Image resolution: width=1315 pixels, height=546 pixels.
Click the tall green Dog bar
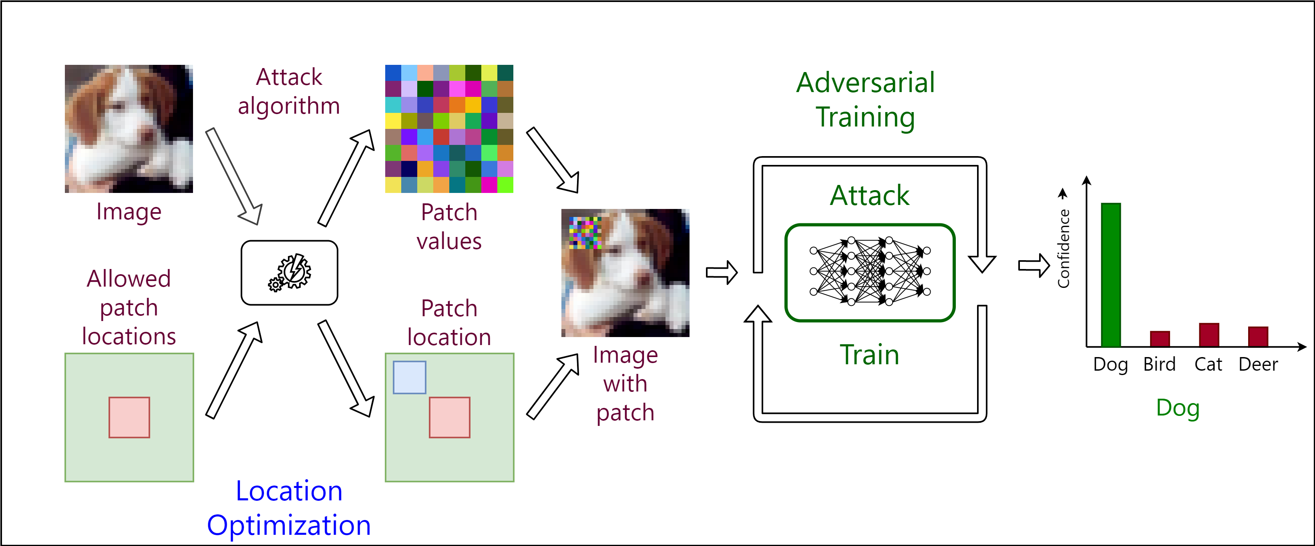pyautogui.click(x=1111, y=275)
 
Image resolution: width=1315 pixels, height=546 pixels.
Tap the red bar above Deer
pyautogui.click(x=1258, y=337)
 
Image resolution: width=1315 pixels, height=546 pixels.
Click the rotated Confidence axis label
pyautogui.click(x=1064, y=249)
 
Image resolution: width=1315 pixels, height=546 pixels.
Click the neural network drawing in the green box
pyautogui.click(x=870, y=271)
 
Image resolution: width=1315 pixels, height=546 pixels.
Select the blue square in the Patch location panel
pyautogui.click(x=409, y=377)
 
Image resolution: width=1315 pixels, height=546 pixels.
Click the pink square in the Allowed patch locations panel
pyautogui.click(x=129, y=418)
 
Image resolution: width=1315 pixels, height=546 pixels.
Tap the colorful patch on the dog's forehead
pyautogui.click(x=585, y=233)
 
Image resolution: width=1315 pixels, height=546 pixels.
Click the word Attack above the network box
pyautogui.click(x=869, y=195)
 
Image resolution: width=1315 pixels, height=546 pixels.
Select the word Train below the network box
pyautogui.click(x=869, y=355)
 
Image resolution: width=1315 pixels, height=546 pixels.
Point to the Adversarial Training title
pyautogui.click(x=865, y=100)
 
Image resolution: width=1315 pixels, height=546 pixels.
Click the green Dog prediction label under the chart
pyautogui.click(x=1178, y=408)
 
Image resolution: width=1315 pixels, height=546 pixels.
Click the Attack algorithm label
pyautogui.click(x=289, y=92)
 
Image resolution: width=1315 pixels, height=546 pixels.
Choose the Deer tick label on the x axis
pyautogui.click(x=1258, y=364)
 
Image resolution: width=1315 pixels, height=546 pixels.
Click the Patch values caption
pyautogui.click(x=449, y=227)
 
